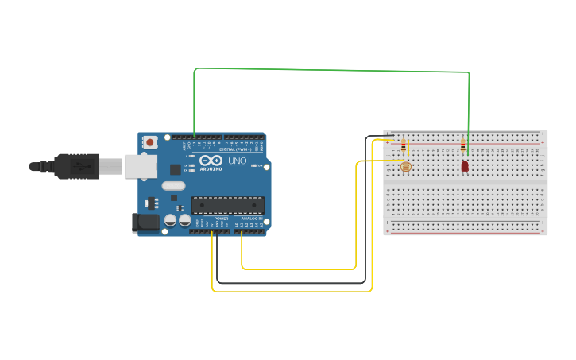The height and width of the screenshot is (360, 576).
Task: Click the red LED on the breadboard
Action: click(x=465, y=166)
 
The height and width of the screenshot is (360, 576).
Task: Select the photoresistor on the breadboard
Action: click(x=405, y=166)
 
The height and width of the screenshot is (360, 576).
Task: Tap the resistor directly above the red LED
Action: click(x=463, y=145)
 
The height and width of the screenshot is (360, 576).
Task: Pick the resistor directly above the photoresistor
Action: click(x=403, y=145)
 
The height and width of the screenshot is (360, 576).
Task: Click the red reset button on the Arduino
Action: click(x=150, y=142)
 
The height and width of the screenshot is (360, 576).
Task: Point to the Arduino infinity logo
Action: click(x=211, y=161)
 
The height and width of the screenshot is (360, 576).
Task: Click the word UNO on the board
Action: click(x=238, y=161)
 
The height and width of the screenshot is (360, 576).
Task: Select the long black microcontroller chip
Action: click(x=227, y=205)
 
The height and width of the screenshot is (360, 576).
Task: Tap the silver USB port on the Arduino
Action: click(x=140, y=166)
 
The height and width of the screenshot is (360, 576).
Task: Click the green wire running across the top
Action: click(x=334, y=71)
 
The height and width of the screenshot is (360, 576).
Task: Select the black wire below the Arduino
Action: click(x=290, y=282)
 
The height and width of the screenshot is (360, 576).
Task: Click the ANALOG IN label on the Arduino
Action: click(x=251, y=219)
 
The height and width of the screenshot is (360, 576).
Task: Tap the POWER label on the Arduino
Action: click(x=221, y=219)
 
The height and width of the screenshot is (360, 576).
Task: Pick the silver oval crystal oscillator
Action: click(x=173, y=186)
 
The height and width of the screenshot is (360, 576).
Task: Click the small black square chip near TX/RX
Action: click(x=175, y=169)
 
